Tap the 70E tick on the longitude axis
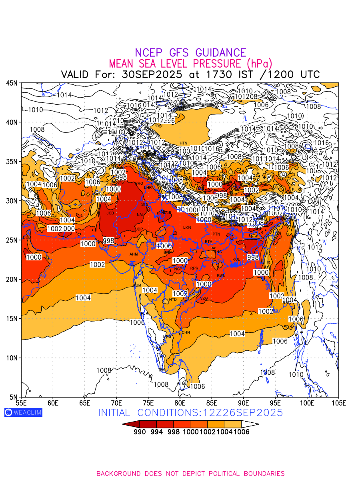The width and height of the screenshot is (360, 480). [x=116, y=402]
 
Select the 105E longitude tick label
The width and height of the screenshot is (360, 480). [x=339, y=402]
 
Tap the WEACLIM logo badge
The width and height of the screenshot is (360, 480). [x=23, y=412]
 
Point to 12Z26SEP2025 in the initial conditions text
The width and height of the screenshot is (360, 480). [x=244, y=412]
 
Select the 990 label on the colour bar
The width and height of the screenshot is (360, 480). [x=139, y=432]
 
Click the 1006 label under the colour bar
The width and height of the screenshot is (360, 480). [x=241, y=432]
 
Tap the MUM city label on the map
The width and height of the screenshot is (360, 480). [x=137, y=286]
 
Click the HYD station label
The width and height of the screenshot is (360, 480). [x=173, y=299]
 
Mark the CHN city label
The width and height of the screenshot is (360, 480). [x=186, y=332]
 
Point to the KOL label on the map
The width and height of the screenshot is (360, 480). [x=236, y=259]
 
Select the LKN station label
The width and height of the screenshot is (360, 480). [x=187, y=227]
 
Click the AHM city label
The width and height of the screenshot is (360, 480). [x=133, y=254]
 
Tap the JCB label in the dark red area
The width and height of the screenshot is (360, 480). [x=110, y=213]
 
